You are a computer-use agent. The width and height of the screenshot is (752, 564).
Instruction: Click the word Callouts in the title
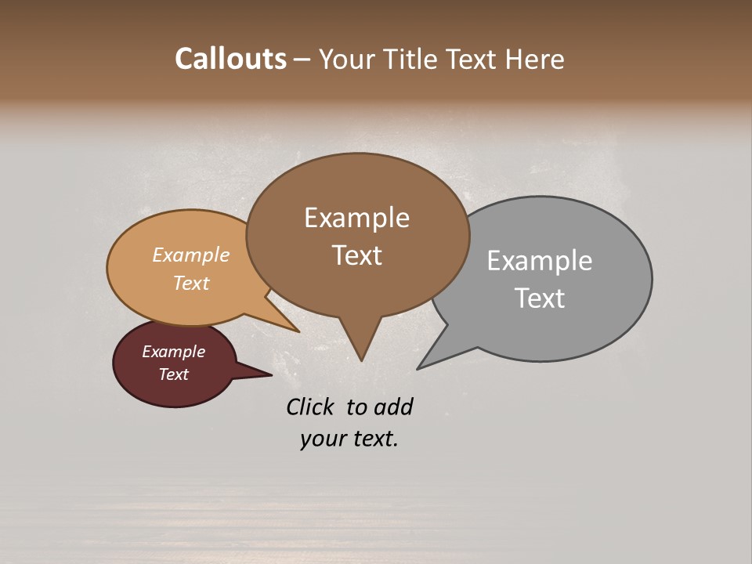click(x=230, y=59)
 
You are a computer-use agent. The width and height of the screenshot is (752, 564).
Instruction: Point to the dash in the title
click(x=302, y=60)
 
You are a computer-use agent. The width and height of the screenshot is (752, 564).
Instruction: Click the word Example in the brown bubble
click(x=356, y=218)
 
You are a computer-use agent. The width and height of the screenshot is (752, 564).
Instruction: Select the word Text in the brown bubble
click(x=356, y=255)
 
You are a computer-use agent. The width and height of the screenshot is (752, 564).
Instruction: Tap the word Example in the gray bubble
click(x=540, y=261)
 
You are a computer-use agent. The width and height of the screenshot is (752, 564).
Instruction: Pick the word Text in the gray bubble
click(x=540, y=298)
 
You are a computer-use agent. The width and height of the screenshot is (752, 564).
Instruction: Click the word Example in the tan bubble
click(x=191, y=255)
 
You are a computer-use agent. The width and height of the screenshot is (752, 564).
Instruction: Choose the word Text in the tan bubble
click(x=191, y=283)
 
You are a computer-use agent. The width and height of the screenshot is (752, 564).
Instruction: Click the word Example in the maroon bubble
click(x=174, y=352)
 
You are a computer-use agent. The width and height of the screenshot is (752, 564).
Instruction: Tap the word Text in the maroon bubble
click(x=174, y=374)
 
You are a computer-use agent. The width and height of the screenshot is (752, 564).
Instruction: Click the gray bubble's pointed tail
click(x=423, y=365)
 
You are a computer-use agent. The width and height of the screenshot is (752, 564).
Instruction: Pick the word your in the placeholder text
click(x=321, y=439)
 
